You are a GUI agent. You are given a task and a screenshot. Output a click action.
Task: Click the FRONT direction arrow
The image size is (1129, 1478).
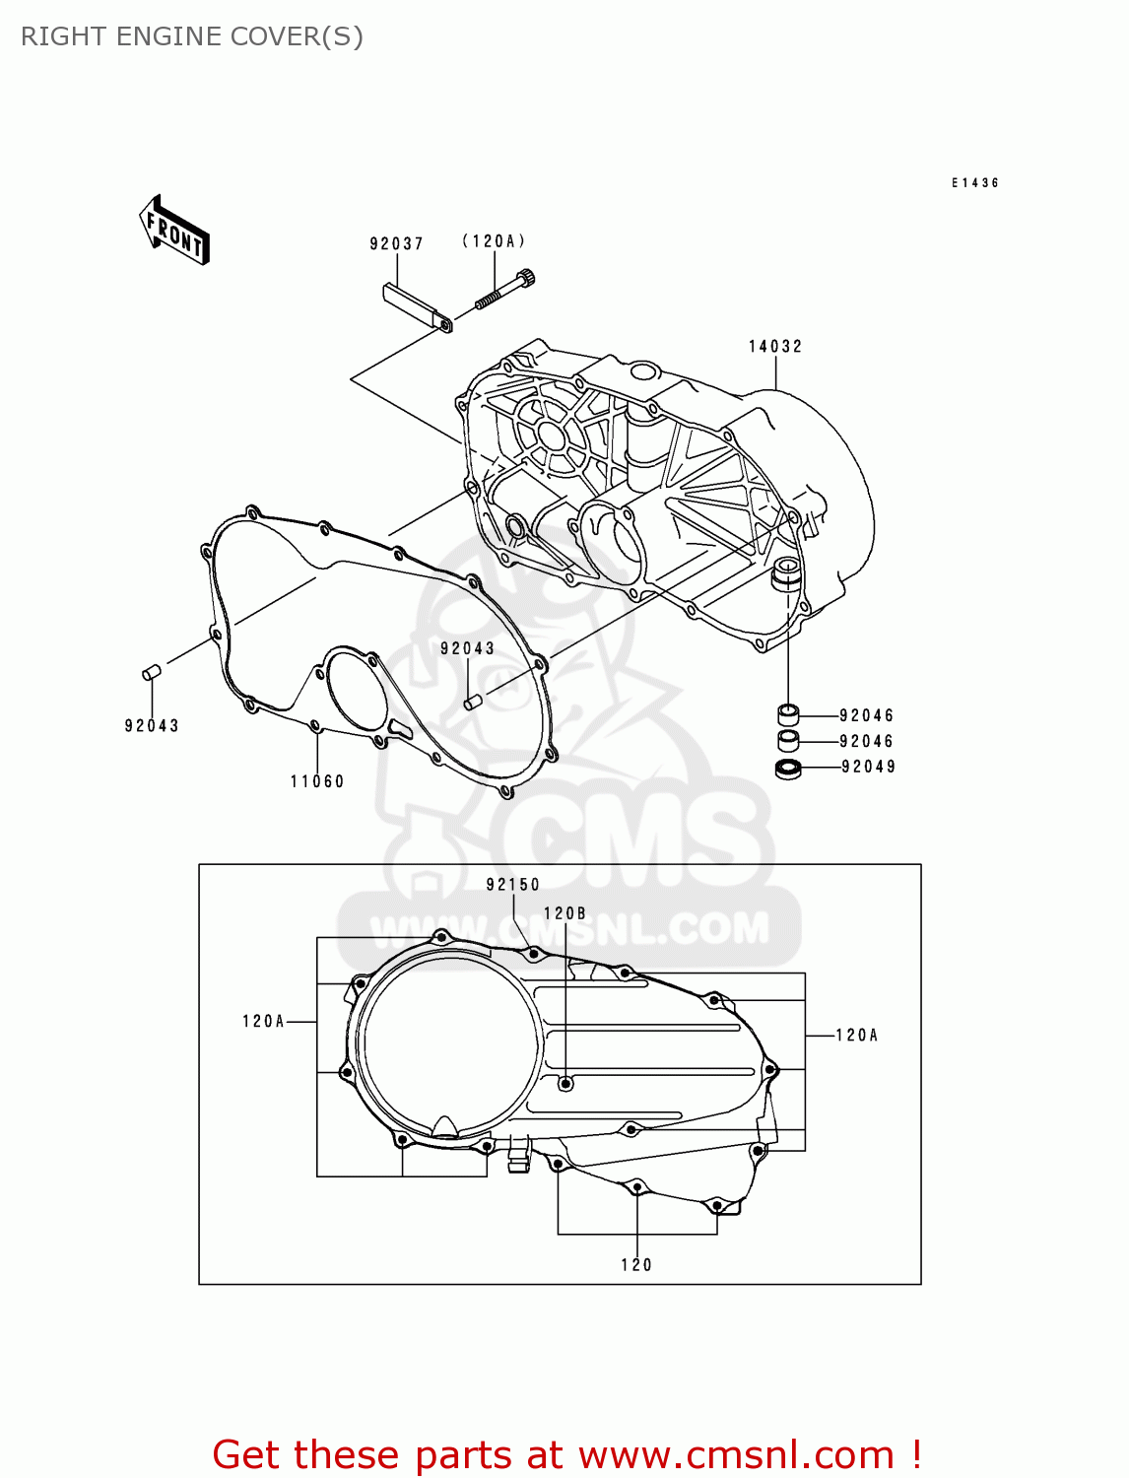click(174, 231)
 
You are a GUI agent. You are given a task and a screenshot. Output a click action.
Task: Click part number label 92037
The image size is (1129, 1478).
click(396, 243)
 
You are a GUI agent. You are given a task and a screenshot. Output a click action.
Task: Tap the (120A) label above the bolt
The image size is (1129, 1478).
click(494, 241)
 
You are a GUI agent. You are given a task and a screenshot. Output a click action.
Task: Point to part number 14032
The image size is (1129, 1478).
click(775, 346)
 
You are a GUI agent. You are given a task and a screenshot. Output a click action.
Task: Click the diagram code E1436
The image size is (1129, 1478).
click(975, 183)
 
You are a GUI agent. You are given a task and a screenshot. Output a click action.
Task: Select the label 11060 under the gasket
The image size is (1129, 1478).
click(317, 781)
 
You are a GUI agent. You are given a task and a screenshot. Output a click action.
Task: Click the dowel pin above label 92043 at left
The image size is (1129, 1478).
click(152, 672)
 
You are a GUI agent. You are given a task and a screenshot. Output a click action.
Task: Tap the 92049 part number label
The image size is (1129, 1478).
click(868, 767)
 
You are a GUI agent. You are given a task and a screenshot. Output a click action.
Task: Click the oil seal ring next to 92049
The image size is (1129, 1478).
click(788, 769)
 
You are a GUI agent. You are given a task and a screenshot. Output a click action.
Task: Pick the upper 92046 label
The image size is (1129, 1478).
click(866, 715)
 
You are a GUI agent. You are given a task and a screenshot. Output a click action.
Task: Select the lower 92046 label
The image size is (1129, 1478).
click(866, 741)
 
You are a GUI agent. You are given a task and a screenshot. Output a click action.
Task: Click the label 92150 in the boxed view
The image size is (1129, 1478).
click(513, 885)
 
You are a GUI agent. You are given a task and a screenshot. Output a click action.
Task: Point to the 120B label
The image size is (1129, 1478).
click(564, 913)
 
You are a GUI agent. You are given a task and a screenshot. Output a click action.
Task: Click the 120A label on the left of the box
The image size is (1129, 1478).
click(263, 1022)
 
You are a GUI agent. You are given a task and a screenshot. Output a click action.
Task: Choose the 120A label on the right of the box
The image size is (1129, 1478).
click(856, 1035)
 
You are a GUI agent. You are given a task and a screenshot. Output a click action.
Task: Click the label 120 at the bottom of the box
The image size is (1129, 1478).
click(636, 1265)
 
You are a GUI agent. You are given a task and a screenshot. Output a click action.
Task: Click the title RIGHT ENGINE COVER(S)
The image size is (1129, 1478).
click(192, 36)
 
